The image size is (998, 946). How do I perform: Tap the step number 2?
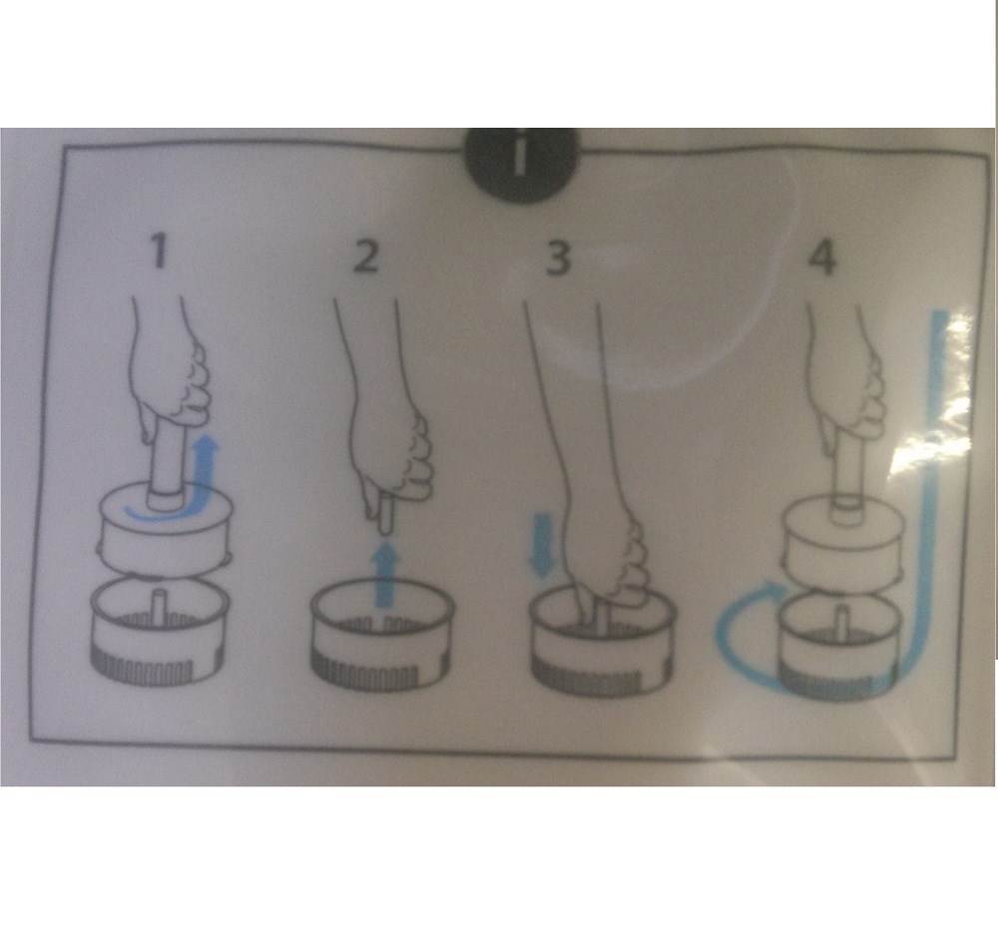[x=366, y=255]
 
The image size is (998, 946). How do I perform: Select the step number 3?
[x=558, y=257]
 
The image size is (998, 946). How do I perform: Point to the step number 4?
[x=821, y=257]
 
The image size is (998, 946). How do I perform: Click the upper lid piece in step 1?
[x=165, y=532]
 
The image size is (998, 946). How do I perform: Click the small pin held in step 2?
[x=384, y=517]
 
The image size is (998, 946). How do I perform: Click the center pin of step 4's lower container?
[x=841, y=620]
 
